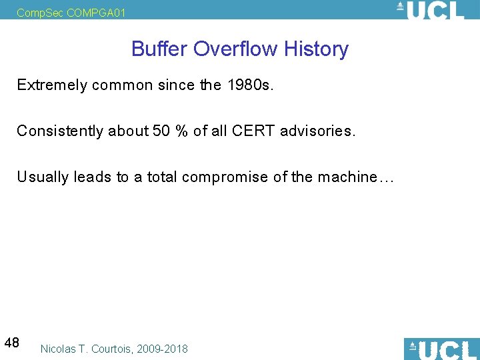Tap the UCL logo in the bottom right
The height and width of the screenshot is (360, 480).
tap(441, 349)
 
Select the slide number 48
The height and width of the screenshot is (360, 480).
tap(11, 343)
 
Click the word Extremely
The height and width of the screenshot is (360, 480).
tap(51, 85)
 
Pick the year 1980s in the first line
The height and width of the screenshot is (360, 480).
tap(250, 85)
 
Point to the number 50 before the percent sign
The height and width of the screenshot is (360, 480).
tap(161, 131)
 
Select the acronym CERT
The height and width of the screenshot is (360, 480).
tap(254, 131)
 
